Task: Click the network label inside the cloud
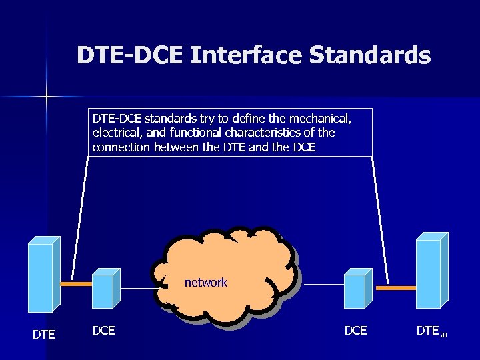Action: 206,283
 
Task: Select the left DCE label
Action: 103,329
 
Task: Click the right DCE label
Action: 355,330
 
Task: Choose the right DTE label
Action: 427,330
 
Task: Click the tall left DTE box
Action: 41,276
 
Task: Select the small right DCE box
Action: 356,290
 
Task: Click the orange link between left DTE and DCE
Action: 75,284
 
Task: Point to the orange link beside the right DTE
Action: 396,288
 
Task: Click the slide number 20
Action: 443,335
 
